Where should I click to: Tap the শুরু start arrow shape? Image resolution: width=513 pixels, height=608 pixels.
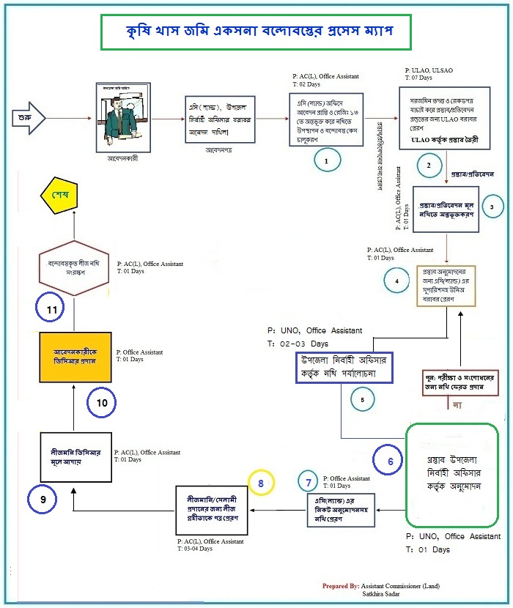25,116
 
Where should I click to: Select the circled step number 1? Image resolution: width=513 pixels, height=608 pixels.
328,157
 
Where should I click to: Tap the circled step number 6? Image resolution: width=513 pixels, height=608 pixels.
389,461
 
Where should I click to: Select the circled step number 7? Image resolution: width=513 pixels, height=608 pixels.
308,482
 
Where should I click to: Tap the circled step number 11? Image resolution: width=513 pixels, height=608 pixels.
51,311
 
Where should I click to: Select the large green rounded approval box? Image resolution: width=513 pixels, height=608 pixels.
451,475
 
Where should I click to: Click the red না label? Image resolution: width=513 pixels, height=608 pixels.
457,404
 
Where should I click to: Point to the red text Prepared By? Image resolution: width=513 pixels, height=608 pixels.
340,586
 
